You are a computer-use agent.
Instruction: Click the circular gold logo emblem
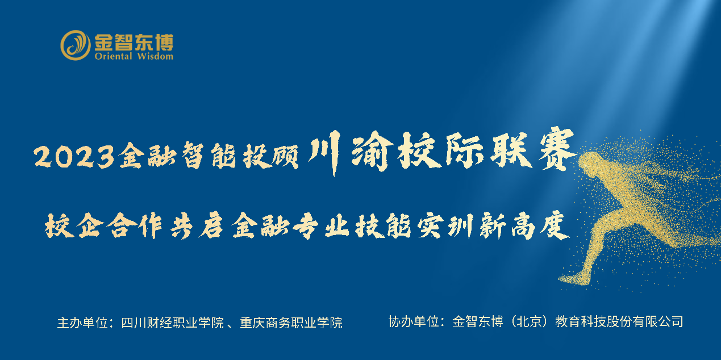[x=76, y=45]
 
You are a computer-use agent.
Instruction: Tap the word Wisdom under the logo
[x=155, y=56]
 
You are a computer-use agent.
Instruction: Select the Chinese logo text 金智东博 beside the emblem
[x=134, y=42]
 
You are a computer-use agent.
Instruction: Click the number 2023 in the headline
[x=74, y=156]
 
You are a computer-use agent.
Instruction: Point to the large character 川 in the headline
[x=324, y=151]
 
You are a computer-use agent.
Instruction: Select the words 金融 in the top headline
[x=147, y=156]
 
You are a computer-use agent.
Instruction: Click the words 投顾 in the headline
[x=270, y=156]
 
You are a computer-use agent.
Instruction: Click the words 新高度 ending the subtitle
[x=524, y=225]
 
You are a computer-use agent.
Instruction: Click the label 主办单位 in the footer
[x=82, y=323]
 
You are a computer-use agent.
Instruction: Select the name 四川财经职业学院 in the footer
[x=173, y=323]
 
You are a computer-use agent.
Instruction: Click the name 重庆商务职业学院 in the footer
[x=291, y=323]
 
